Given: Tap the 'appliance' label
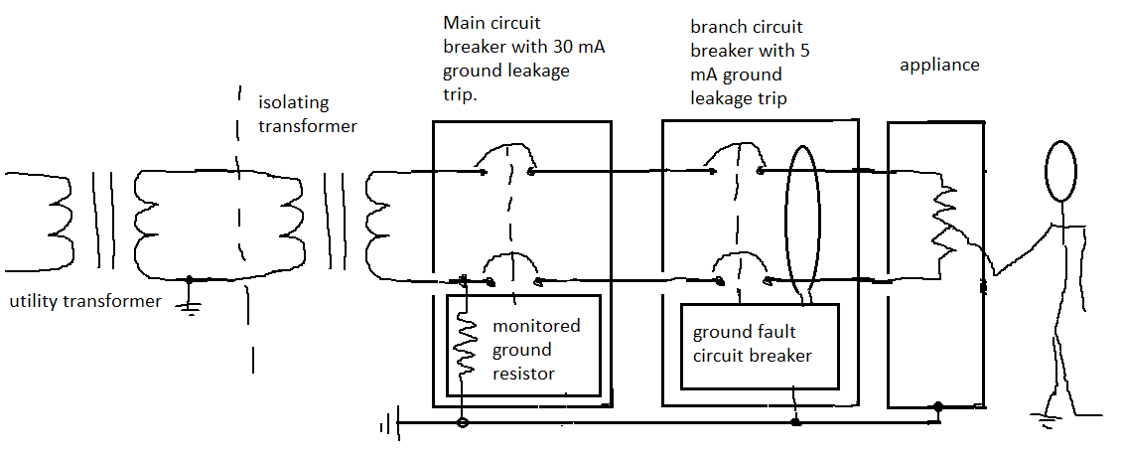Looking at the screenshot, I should coord(939,66).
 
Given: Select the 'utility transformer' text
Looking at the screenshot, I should coord(83,301).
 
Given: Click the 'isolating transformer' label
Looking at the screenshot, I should coord(307,114).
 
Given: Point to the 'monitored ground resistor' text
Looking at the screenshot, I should coord(536,350).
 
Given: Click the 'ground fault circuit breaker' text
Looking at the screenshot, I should coord(752,344).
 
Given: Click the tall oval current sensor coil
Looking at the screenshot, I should coord(801,221).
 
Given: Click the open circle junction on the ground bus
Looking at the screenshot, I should coord(463,424).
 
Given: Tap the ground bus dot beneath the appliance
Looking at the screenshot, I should coord(937,406).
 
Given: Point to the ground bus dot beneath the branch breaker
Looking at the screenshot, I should coord(795,423).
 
